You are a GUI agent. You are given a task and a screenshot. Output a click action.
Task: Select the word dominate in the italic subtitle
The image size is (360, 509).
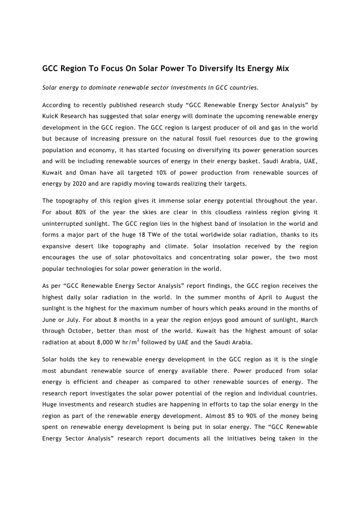pyautogui.click(x=107, y=88)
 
